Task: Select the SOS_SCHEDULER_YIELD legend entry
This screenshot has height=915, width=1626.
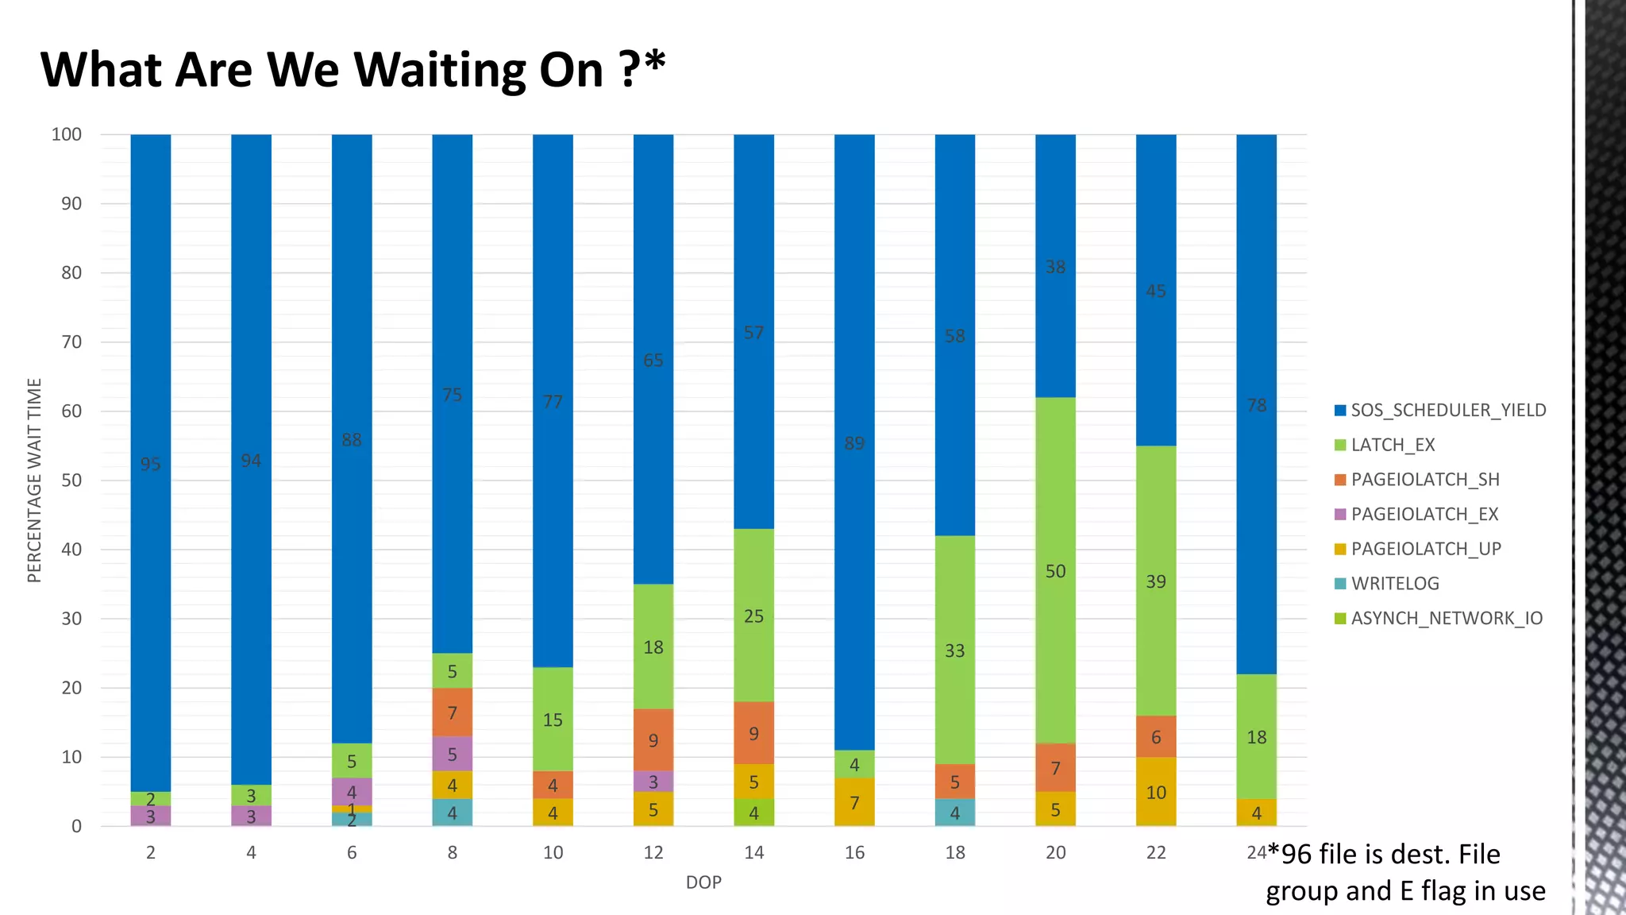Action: (x=1448, y=411)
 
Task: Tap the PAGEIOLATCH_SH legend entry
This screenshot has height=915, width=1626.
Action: (x=1424, y=480)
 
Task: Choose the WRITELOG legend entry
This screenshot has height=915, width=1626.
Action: (x=1394, y=584)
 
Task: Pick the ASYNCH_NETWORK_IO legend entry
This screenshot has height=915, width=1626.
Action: (x=1446, y=619)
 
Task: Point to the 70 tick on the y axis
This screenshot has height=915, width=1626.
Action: (x=71, y=342)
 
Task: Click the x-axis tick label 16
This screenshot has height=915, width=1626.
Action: (x=854, y=853)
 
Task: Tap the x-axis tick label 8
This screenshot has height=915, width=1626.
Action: (x=452, y=853)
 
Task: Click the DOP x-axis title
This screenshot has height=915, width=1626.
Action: (x=703, y=882)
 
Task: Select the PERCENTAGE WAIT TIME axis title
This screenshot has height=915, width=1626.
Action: (x=34, y=480)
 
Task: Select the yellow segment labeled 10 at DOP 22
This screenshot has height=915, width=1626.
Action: (x=1156, y=792)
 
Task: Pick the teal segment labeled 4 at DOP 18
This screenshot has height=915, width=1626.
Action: (x=954, y=813)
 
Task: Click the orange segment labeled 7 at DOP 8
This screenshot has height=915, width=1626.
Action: (x=452, y=712)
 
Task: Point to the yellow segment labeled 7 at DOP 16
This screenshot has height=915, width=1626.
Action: (x=854, y=802)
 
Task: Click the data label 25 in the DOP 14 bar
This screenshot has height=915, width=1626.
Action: (x=753, y=616)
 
